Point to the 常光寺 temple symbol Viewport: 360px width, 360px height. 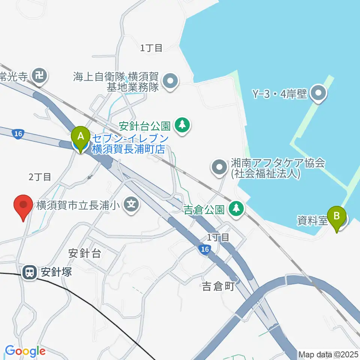tap(39, 76)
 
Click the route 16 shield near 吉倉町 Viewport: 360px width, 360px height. tap(204, 249)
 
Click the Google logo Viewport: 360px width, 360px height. tap(25, 351)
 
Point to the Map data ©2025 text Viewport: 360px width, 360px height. tap(328, 354)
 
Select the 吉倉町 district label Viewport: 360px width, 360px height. tap(218, 287)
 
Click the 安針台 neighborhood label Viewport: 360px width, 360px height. tap(85, 253)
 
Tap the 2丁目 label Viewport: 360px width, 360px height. tap(40, 177)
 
